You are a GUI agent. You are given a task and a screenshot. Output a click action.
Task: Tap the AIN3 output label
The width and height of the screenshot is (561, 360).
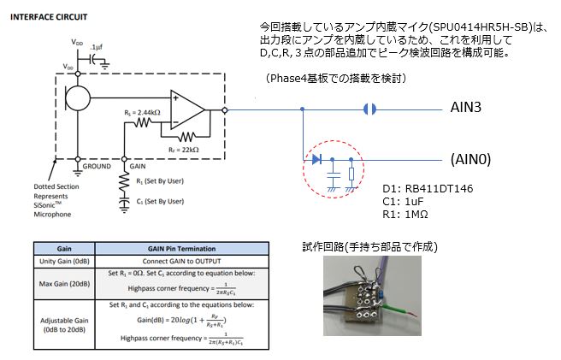(471, 109)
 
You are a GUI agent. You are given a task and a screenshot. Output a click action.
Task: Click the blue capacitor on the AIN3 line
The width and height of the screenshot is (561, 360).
(369, 109)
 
